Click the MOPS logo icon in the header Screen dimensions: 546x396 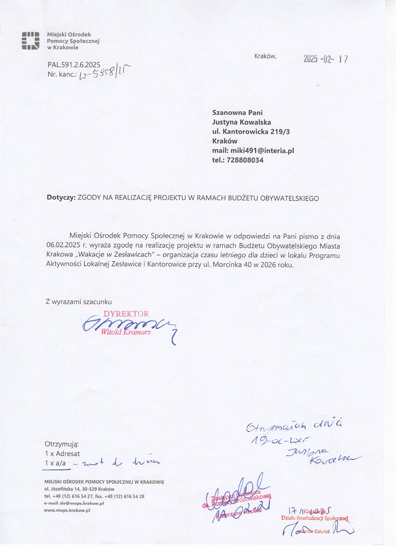30,41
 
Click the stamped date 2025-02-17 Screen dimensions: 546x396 325,59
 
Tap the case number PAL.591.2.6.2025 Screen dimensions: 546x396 74,65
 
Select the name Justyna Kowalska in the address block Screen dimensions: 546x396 241,122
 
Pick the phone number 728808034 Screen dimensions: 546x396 244,160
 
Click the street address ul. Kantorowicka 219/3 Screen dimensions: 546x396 251,132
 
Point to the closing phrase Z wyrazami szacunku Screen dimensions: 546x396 78,302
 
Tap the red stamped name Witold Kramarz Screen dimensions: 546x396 126,332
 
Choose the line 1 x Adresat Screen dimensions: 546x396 62,453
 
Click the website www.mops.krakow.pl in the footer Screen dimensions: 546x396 67,510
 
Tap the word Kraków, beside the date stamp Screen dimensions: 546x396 265,57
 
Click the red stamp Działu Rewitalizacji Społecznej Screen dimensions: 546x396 315,518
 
